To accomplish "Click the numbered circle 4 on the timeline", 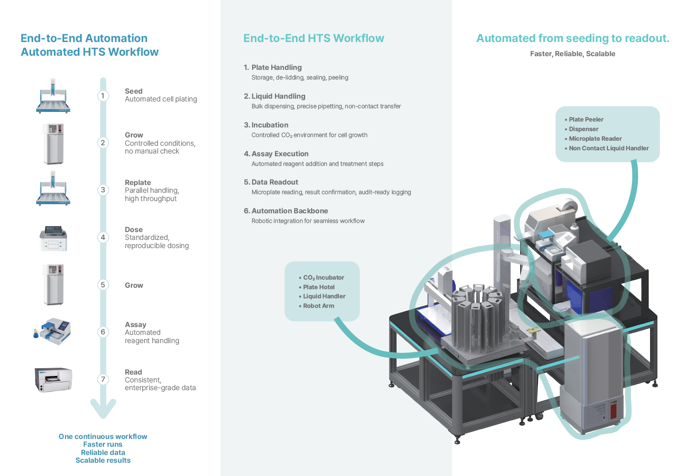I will point(103,237).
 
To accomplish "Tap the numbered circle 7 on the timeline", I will point(103,379).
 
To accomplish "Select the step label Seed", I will point(134,91).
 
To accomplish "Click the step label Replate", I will point(138,183).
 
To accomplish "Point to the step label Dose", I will point(134,230).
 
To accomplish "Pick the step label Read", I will point(133,372).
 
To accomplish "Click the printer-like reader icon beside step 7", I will point(54,379).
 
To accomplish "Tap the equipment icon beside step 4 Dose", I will point(54,238).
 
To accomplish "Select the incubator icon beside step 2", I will point(54,143).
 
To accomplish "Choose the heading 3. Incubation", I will point(266,125).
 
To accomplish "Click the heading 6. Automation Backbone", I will point(286,211).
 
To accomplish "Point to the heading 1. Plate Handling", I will point(273,68).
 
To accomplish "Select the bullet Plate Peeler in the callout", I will point(586,120).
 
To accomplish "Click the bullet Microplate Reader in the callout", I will point(595,139).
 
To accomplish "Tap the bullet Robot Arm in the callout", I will point(318,306).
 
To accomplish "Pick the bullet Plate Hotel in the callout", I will point(319,287).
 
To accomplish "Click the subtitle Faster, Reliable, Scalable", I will point(572,54).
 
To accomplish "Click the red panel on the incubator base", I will point(613,409).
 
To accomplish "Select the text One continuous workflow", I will point(103,437).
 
